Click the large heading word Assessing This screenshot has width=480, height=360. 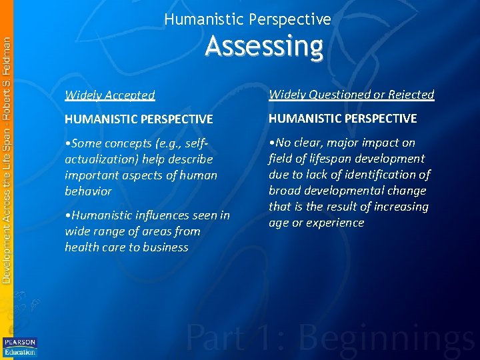click(264, 47)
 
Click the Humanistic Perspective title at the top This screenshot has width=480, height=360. click(247, 19)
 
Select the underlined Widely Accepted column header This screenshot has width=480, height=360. click(110, 95)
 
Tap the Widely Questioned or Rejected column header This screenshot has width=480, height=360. click(351, 95)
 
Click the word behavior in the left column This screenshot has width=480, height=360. click(88, 191)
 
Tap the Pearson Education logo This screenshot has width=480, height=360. click(19, 347)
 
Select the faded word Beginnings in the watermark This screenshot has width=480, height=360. click(389, 338)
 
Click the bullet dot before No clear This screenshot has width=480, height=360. click(271, 143)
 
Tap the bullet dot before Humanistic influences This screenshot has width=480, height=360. click(67, 215)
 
